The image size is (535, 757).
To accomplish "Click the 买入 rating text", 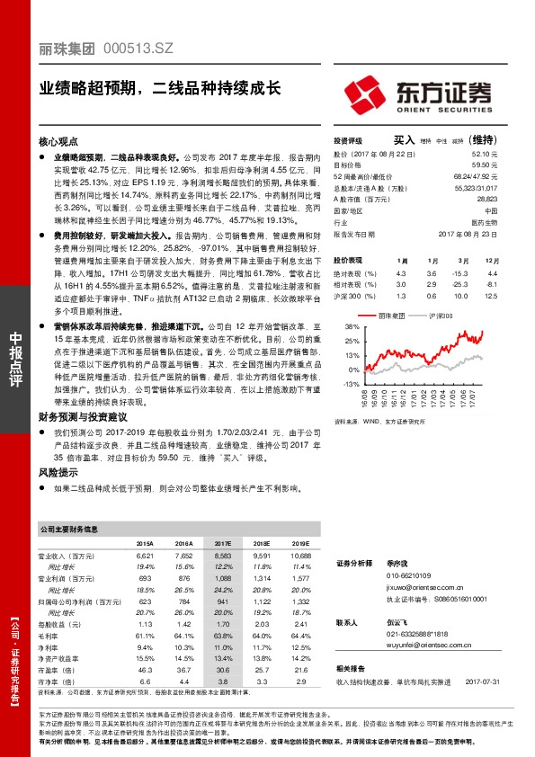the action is [404, 140].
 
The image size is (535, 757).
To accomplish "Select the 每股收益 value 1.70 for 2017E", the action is [222, 622].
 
